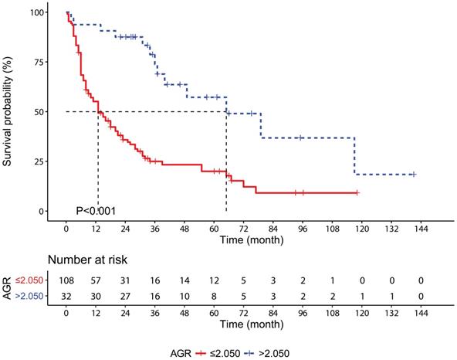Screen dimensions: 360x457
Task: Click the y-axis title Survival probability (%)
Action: [x=12, y=113]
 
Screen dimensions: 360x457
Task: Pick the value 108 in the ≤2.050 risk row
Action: [x=67, y=277]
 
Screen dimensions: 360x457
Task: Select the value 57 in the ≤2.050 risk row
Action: [x=96, y=277]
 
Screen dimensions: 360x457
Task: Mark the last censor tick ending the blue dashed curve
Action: [x=414, y=174]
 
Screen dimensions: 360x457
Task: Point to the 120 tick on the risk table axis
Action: [x=361, y=315]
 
